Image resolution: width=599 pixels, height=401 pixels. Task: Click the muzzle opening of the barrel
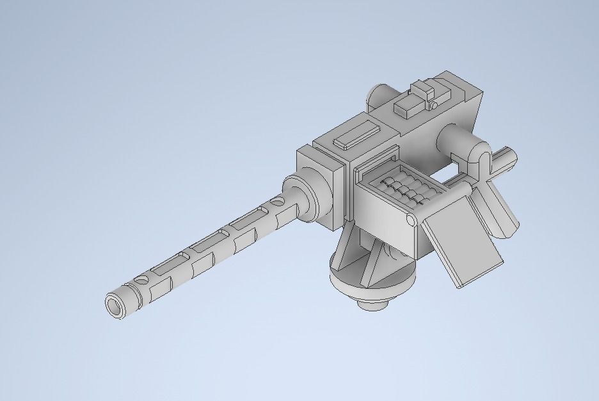(116, 305)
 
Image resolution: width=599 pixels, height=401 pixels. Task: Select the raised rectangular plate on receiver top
(356, 136)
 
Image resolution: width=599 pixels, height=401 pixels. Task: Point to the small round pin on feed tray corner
(410, 222)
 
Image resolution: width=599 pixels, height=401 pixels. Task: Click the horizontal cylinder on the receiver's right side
(456, 137)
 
